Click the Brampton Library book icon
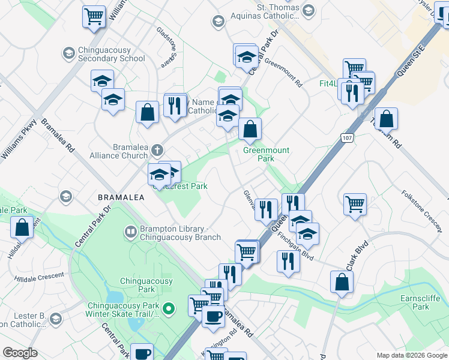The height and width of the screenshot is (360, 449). (x=130, y=231)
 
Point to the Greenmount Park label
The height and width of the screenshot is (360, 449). (x=267, y=154)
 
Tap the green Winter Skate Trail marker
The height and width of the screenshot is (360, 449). (x=169, y=309)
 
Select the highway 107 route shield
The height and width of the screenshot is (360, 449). (x=348, y=137)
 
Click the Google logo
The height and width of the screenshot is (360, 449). (x=20, y=353)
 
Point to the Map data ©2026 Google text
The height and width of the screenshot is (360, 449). (x=412, y=355)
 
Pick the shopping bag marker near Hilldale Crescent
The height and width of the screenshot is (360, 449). (x=22, y=227)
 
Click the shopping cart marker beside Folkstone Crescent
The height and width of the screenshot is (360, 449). (x=355, y=204)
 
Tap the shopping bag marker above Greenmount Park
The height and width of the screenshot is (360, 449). (x=250, y=128)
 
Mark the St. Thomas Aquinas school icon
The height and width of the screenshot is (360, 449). (x=309, y=10)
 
